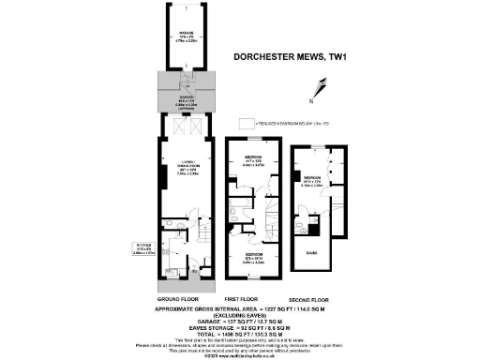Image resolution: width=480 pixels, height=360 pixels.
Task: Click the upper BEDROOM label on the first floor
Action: click(x=254, y=160)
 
